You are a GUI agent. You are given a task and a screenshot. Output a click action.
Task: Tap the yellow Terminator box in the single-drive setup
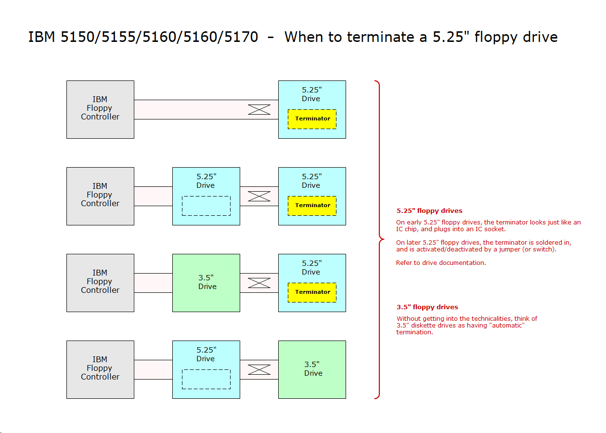(312, 119)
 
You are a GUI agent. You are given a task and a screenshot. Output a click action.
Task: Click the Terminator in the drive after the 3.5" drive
(312, 292)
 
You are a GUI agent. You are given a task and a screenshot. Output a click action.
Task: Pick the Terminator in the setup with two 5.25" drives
(312, 206)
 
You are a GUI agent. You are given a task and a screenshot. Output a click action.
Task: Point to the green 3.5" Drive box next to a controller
(206, 283)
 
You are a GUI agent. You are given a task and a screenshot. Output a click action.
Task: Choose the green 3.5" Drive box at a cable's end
(312, 369)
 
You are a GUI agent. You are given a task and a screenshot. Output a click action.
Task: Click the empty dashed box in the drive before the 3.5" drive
(206, 379)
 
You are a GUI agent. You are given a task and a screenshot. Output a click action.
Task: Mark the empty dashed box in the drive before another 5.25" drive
(206, 206)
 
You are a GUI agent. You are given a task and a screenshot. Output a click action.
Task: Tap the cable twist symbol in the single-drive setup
(259, 109)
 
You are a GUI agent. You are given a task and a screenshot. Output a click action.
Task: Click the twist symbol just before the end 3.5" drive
(259, 369)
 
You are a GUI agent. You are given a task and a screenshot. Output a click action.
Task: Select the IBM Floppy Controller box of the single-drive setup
(100, 109)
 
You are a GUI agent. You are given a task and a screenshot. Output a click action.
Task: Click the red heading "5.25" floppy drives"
(429, 210)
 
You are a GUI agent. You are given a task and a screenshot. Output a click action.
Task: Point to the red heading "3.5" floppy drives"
(427, 307)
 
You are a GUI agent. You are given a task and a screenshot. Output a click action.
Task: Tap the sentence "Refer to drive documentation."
(441, 262)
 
